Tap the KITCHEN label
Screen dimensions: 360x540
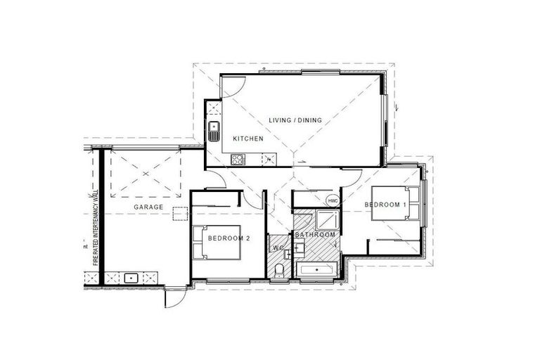tap(248, 139)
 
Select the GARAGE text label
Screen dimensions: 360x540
tap(148, 207)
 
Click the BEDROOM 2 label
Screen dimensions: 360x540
tap(229, 238)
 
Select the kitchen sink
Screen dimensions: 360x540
tap(214, 130)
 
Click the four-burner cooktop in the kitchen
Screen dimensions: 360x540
tap(238, 159)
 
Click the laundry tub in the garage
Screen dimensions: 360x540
tap(130, 278)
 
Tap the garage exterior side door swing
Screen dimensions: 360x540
tap(174, 297)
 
